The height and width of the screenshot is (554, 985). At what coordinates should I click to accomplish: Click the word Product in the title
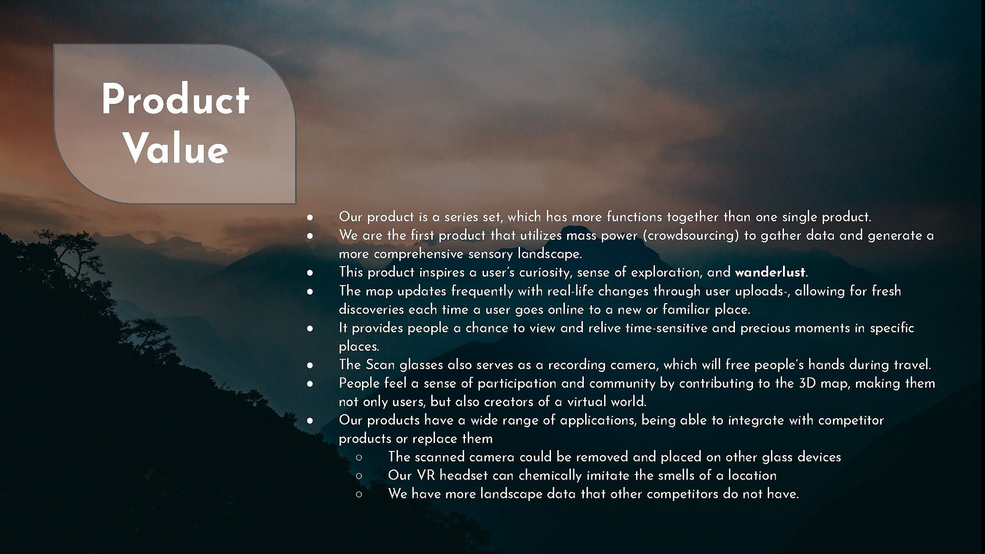175,99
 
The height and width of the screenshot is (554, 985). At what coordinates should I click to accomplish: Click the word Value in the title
176,149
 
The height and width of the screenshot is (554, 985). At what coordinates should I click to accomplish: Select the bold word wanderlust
770,272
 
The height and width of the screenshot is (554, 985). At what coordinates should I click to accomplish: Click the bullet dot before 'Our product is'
310,217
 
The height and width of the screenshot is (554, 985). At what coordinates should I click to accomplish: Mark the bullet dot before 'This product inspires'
310,273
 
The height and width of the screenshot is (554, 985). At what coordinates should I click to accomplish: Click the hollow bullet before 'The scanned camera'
359,457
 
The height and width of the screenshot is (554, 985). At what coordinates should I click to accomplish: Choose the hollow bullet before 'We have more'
359,494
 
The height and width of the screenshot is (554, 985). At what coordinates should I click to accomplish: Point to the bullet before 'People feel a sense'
310,384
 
